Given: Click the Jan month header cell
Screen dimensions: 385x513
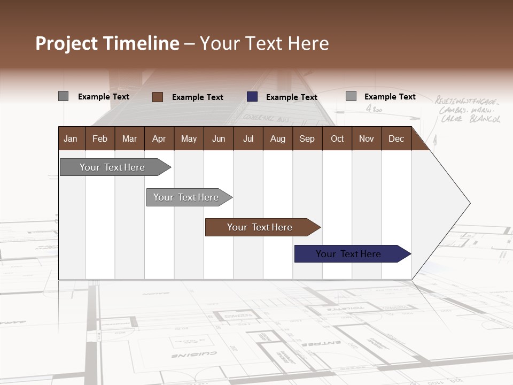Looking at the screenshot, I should coord(71,139).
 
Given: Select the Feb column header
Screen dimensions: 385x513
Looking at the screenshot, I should coord(100,139).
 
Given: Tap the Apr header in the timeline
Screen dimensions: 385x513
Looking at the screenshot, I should coord(159,139).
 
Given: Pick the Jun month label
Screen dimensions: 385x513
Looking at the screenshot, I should coord(219,139).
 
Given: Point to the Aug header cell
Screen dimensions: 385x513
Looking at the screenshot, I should coord(278,139).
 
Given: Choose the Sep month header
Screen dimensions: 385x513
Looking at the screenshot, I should coord(307,139).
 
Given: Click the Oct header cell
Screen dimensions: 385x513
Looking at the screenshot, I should coord(337,139).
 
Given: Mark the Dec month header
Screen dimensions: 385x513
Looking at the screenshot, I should coord(397,139).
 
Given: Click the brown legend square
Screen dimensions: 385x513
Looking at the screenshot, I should coord(158,97).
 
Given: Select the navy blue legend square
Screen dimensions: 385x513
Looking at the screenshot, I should coord(252,97).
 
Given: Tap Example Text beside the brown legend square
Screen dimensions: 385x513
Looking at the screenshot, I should coord(198,97).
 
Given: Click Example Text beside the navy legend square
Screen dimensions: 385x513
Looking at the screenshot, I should coord(292,97).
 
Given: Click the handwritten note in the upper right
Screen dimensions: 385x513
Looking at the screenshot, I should coord(468,110).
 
